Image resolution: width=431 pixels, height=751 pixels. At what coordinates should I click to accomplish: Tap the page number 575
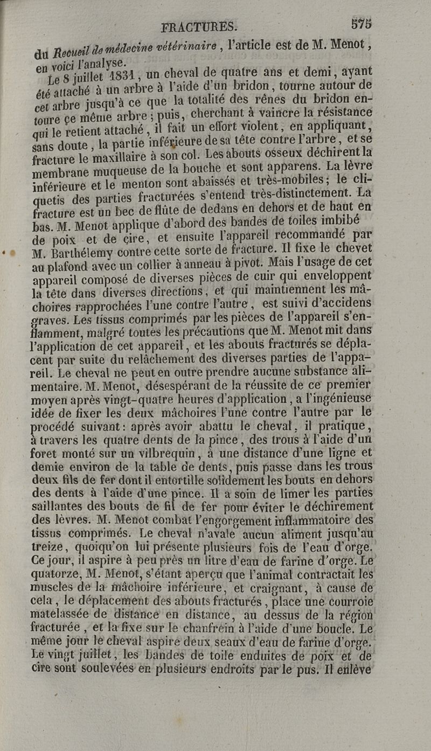tap(361, 24)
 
